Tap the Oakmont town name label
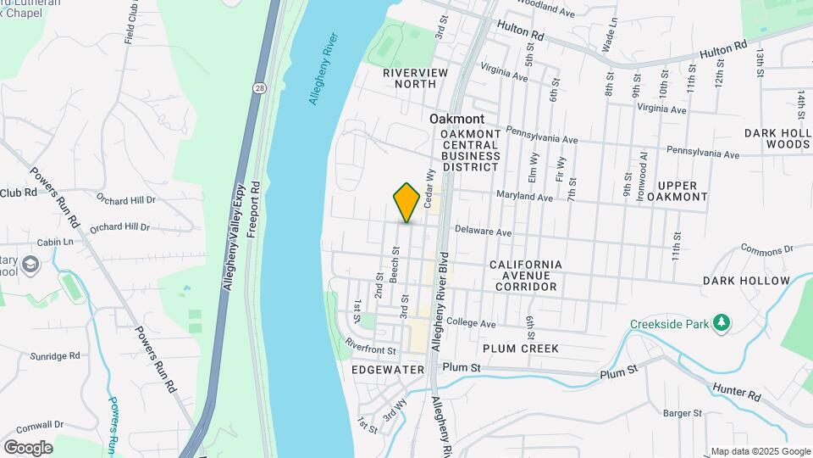(457, 120)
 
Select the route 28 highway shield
(259, 87)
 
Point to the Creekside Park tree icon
(721, 323)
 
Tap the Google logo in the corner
(28, 447)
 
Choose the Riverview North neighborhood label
(415, 79)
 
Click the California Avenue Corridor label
(525, 276)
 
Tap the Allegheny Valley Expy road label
(234, 238)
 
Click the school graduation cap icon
(32, 265)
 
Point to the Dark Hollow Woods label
(777, 139)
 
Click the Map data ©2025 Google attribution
(760, 451)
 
